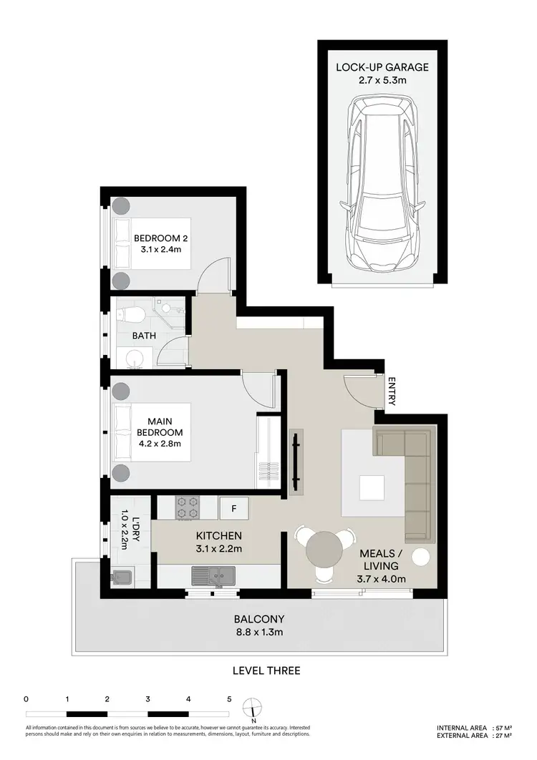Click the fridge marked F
point(233,508)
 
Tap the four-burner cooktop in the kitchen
point(188,508)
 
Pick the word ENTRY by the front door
point(391,392)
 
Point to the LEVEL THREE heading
point(266,671)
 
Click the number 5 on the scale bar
point(229,698)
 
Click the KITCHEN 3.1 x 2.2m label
point(219,542)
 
